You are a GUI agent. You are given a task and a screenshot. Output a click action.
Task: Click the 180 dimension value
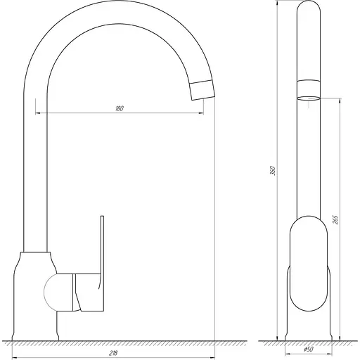coord(119,108)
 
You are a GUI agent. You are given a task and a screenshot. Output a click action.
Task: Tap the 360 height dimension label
coord(272,170)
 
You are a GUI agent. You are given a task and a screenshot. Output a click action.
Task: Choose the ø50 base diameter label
coord(307,349)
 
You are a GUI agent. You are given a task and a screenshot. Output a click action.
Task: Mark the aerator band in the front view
coord(307,89)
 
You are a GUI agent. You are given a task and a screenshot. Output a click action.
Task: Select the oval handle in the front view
coord(307,264)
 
